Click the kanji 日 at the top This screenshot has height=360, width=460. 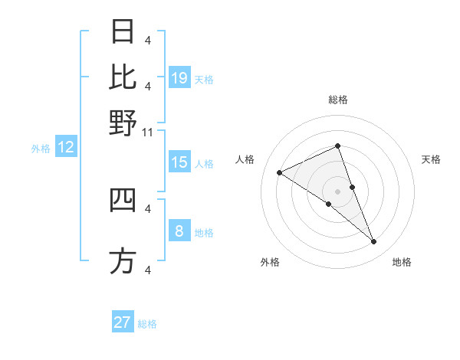pyautogui.click(x=123, y=32)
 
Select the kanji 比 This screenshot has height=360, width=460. pyautogui.click(x=123, y=77)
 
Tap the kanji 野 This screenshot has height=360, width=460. pyautogui.click(x=123, y=123)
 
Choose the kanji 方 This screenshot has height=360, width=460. pyautogui.click(x=123, y=260)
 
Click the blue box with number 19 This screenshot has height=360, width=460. pyautogui.click(x=179, y=78)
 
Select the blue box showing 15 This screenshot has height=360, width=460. pyautogui.click(x=179, y=162)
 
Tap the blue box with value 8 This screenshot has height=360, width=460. pyautogui.click(x=179, y=231)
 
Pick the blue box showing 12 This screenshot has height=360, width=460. pyautogui.click(x=66, y=148)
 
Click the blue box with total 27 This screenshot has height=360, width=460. pyautogui.click(x=123, y=322)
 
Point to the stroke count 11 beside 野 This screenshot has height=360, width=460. pyautogui.click(x=149, y=133)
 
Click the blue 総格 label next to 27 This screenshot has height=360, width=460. pyautogui.click(x=147, y=324)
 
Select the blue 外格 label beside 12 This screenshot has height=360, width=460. pyautogui.click(x=41, y=149)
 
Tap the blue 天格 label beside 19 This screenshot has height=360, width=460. pyautogui.click(x=204, y=80)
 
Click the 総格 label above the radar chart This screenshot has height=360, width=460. pyautogui.click(x=338, y=100)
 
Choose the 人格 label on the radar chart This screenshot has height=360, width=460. pyautogui.click(x=245, y=159)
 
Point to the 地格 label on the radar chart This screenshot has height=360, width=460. pyautogui.click(x=402, y=262)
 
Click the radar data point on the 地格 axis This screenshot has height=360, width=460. pyautogui.click(x=374, y=242)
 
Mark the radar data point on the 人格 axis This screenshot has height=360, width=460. pyautogui.click(x=280, y=172)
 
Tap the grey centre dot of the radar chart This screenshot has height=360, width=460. pyautogui.click(x=338, y=191)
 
